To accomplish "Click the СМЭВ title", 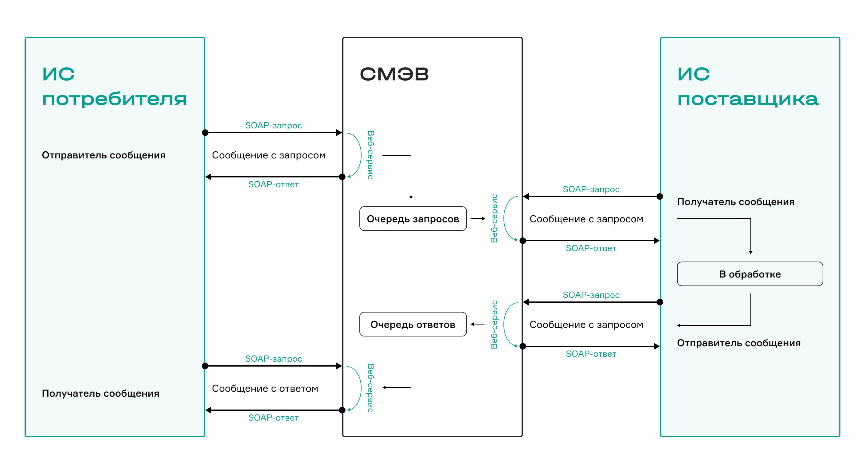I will (x=394, y=74).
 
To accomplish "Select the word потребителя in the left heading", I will (x=114, y=99).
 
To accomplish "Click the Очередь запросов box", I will (x=413, y=219).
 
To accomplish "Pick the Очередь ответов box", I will (x=413, y=324).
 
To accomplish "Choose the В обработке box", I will (x=750, y=274).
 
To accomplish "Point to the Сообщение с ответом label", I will (x=265, y=388).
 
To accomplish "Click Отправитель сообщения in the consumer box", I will (x=104, y=155).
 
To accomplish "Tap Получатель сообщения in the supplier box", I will (x=735, y=202).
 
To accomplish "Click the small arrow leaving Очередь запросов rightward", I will (x=478, y=219).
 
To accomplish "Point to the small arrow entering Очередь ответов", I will (x=478, y=324).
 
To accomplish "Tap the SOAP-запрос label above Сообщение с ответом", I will (x=273, y=359).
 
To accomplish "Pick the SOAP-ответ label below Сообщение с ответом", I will (x=273, y=418).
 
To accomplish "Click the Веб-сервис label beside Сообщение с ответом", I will (x=370, y=388).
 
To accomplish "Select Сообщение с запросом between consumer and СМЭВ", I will (x=269, y=155).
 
